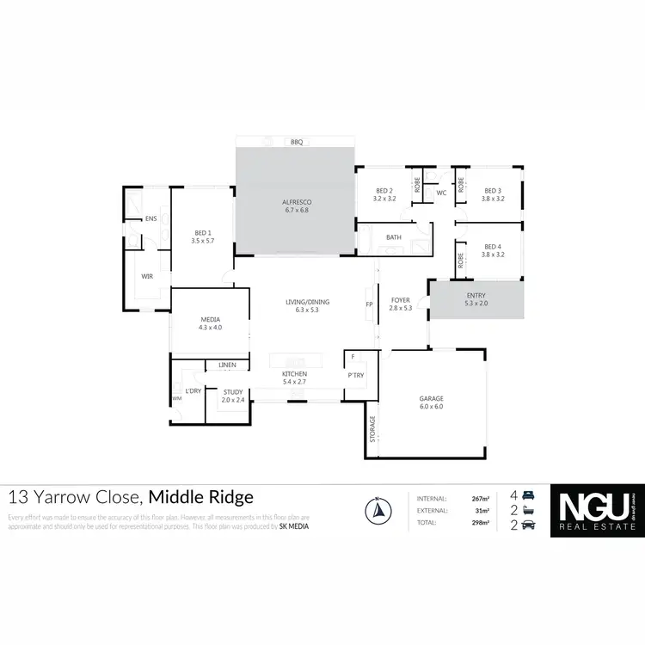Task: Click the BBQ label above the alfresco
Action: pos(297,142)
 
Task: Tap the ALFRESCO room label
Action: pos(295,201)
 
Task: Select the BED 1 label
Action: pos(202,233)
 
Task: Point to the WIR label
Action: pos(147,276)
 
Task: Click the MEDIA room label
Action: pos(211,319)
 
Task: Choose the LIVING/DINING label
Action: pos(308,302)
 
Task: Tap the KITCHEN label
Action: pos(295,374)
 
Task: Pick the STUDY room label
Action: pos(233,392)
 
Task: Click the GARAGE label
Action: pos(431,399)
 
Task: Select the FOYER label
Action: pos(401,300)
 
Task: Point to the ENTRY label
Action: pos(476,296)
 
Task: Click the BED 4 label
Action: pos(493,246)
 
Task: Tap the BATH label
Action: pos(394,237)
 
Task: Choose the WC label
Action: pos(441,193)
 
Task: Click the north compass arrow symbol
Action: pos(376,511)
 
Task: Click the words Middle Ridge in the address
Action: pos(201,497)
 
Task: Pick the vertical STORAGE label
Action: pos(372,428)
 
